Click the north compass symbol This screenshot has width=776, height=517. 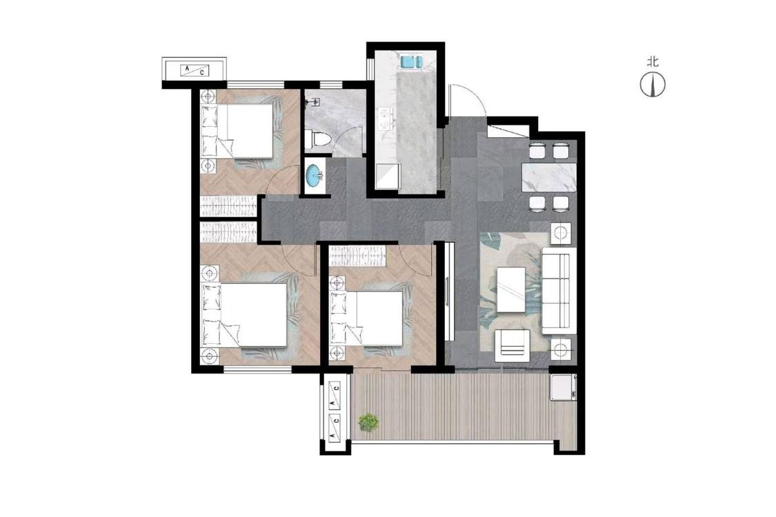pyautogui.click(x=653, y=84)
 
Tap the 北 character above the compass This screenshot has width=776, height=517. pyautogui.click(x=653, y=62)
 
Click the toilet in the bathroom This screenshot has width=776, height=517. pyautogui.click(x=314, y=139)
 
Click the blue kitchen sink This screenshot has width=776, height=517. pyautogui.click(x=411, y=62)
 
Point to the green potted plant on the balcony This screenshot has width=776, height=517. pyautogui.click(x=368, y=422)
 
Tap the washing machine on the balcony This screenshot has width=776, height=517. pyautogui.click(x=564, y=387)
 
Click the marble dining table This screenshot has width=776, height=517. pyautogui.click(x=550, y=177)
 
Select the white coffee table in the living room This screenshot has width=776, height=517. pyautogui.click(x=511, y=290)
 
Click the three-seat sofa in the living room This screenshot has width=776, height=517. pyautogui.click(x=559, y=290)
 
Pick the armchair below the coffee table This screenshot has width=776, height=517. pyautogui.click(x=513, y=346)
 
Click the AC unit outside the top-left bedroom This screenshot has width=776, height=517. pyautogui.click(x=195, y=70)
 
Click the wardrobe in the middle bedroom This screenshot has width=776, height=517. pyautogui.click(x=357, y=256)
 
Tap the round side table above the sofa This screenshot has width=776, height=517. pyautogui.click(x=561, y=233)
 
